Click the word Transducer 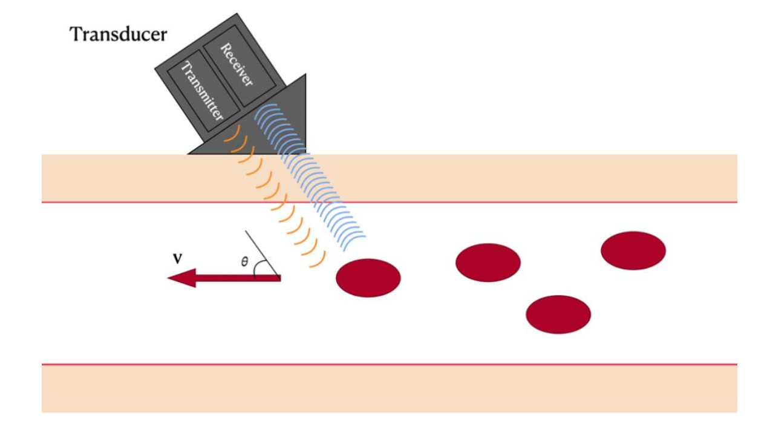118,34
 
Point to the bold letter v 178,259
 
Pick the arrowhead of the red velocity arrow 182,278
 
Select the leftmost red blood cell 368,278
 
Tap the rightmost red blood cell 633,250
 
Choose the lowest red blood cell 558,314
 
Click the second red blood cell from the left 488,262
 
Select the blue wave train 321,181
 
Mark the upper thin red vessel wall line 484,202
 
